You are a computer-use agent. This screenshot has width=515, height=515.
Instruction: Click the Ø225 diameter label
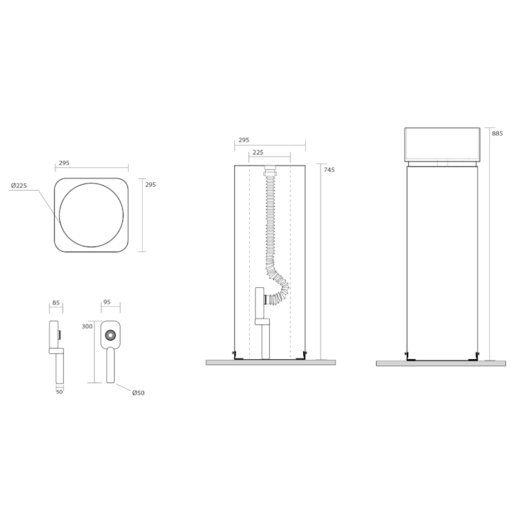19,185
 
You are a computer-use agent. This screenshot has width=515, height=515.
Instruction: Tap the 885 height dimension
497,134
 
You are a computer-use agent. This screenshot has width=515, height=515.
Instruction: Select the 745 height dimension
329,170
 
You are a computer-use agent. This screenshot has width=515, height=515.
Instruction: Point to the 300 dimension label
87,326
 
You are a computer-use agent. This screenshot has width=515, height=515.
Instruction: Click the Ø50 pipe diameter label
138,393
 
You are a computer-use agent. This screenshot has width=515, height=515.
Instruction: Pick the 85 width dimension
56,303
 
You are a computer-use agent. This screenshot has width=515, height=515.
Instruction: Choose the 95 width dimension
107,302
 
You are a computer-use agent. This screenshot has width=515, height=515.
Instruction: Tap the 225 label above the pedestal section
258,153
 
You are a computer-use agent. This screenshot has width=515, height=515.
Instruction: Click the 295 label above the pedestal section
244,140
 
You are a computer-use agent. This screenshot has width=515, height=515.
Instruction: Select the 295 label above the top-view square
64,163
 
